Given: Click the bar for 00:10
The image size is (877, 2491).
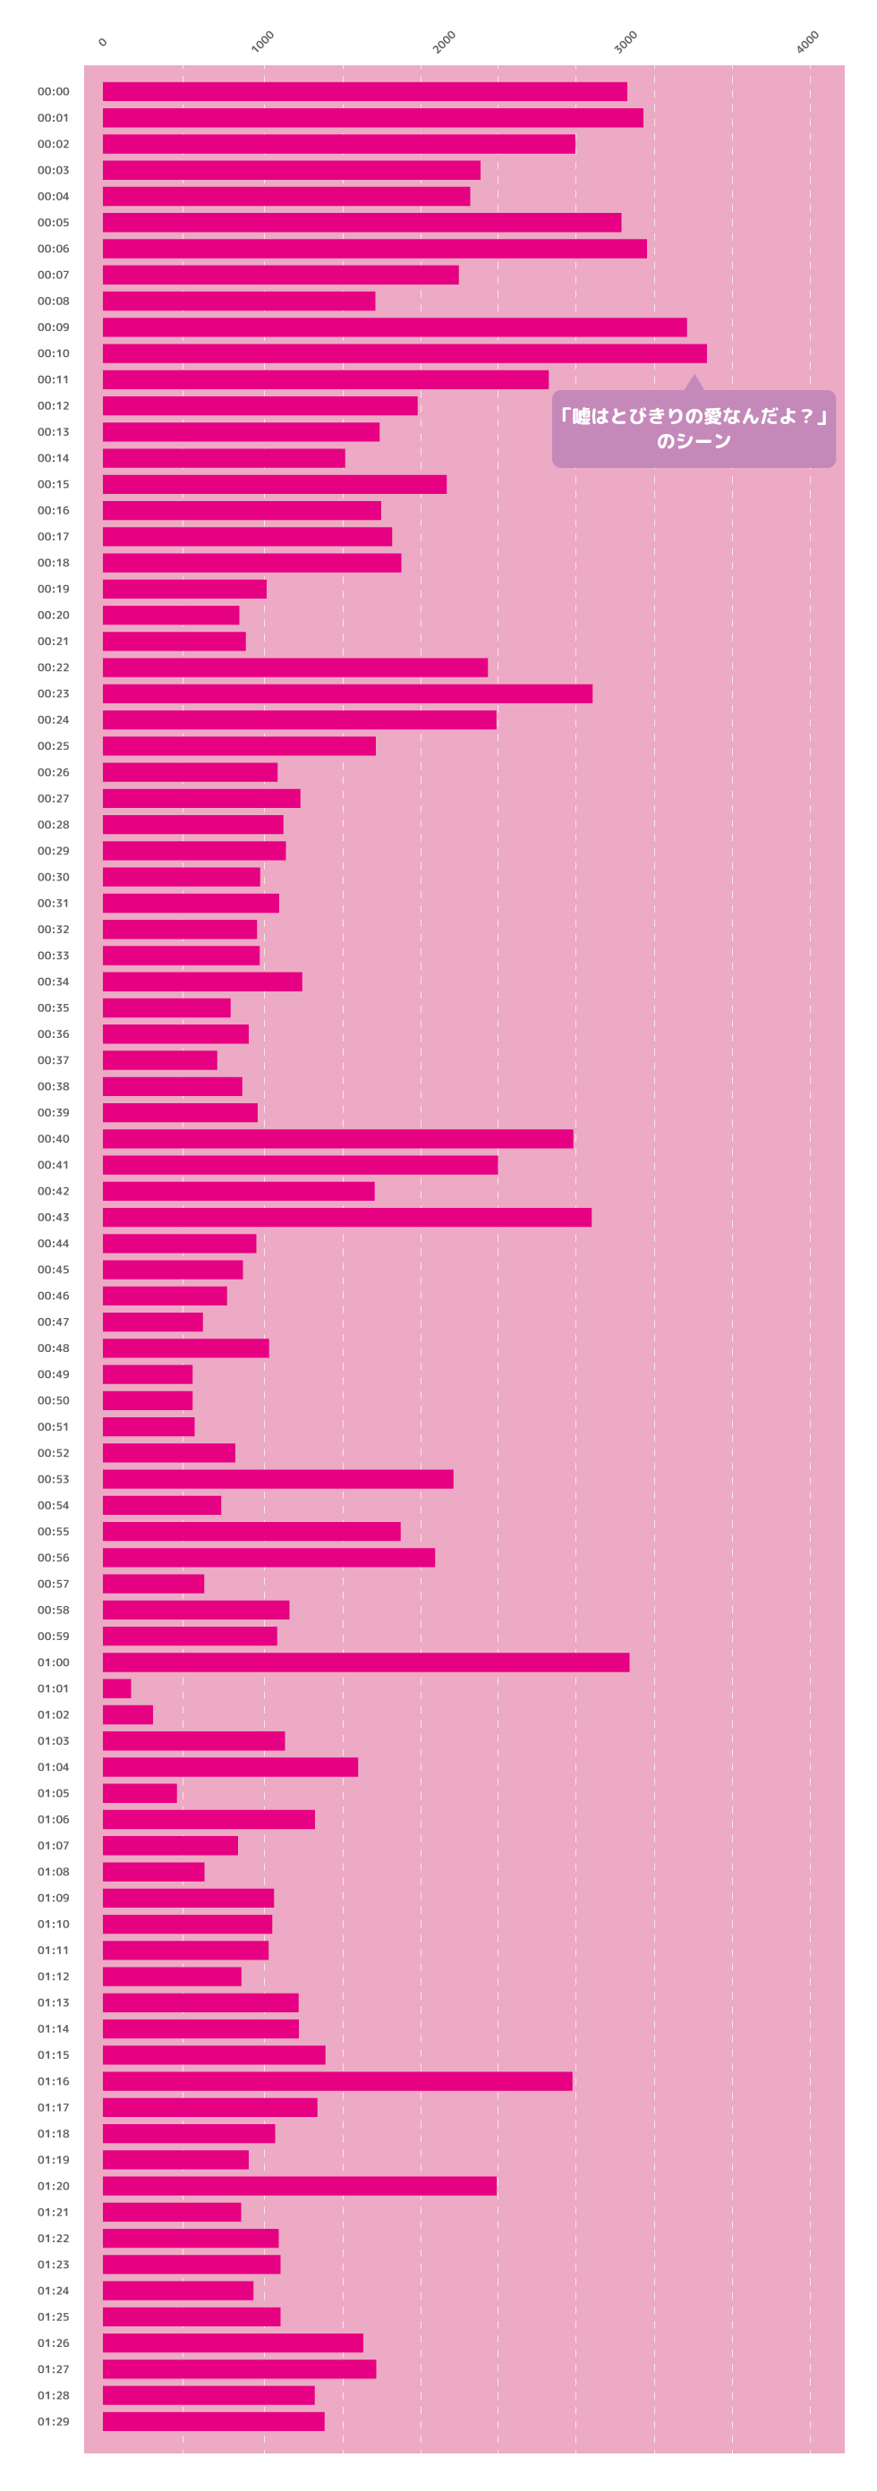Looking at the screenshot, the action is tap(404, 353).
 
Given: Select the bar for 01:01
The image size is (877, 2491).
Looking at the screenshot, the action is tap(117, 1688).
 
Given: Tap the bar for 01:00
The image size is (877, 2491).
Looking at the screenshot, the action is tap(365, 1662).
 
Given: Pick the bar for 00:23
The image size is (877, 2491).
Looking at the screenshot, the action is tap(347, 693).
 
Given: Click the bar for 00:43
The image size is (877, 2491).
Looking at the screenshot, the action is tap(347, 1218).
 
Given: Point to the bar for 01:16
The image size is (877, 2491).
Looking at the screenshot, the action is tap(337, 2081).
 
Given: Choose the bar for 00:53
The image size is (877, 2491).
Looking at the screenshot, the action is tap(277, 1478).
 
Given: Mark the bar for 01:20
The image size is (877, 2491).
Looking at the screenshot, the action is tap(300, 2185).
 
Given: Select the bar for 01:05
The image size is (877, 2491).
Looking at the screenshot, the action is tap(140, 1793).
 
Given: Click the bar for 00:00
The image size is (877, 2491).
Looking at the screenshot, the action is tap(364, 92).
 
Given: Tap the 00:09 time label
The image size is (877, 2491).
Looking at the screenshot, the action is tap(53, 327).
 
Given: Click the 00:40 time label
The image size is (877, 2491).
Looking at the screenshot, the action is tap(53, 1139).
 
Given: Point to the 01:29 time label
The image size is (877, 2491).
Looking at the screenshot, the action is tap(53, 2421).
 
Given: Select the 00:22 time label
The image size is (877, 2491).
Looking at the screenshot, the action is tap(53, 667).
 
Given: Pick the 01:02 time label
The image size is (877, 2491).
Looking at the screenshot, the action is tap(53, 1714).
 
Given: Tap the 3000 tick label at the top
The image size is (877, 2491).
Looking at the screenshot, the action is tap(626, 41).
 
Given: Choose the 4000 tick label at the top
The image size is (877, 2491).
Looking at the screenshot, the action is tap(807, 41).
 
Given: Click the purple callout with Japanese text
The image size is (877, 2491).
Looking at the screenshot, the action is tap(694, 429).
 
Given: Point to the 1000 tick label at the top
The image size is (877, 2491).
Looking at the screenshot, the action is tap(262, 41).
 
